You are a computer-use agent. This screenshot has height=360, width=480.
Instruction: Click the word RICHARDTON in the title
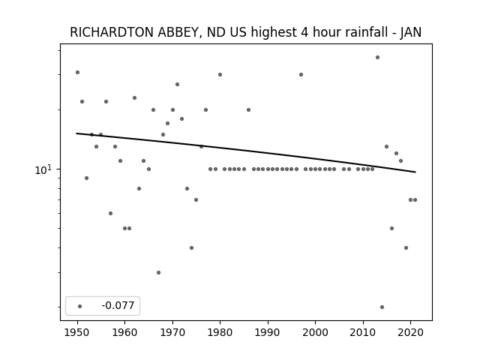click(x=112, y=32)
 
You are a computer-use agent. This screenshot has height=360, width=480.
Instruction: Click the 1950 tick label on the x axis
click(x=77, y=332)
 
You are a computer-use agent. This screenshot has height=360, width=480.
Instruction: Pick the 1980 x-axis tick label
click(x=220, y=332)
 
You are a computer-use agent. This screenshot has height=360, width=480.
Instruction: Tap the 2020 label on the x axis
click(x=410, y=332)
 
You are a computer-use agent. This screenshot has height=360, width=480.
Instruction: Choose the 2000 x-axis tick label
click(x=315, y=332)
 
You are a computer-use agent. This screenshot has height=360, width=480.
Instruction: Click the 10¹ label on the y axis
click(x=44, y=169)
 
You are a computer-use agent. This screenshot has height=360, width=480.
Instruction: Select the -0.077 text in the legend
click(x=118, y=305)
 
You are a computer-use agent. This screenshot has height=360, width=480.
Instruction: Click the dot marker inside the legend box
click(x=80, y=306)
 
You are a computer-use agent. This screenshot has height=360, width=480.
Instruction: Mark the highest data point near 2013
click(x=377, y=57)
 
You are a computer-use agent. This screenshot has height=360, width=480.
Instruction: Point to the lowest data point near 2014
click(x=382, y=307)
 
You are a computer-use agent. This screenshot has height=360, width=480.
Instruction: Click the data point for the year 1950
click(x=77, y=72)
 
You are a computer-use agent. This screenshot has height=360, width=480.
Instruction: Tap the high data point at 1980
click(x=220, y=75)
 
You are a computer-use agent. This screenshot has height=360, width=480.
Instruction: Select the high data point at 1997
click(x=301, y=75)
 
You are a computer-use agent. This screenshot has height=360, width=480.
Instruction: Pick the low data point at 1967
click(x=158, y=272)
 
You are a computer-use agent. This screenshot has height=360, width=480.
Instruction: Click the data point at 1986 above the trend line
click(x=248, y=110)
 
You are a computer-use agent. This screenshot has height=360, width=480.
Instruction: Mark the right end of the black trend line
click(x=415, y=172)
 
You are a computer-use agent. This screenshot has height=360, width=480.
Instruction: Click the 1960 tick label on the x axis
click(x=125, y=332)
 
